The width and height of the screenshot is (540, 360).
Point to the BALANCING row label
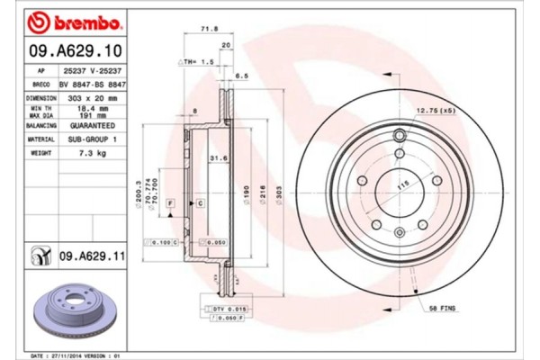click(41, 127)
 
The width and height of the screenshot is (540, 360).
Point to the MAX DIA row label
click(41, 115)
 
